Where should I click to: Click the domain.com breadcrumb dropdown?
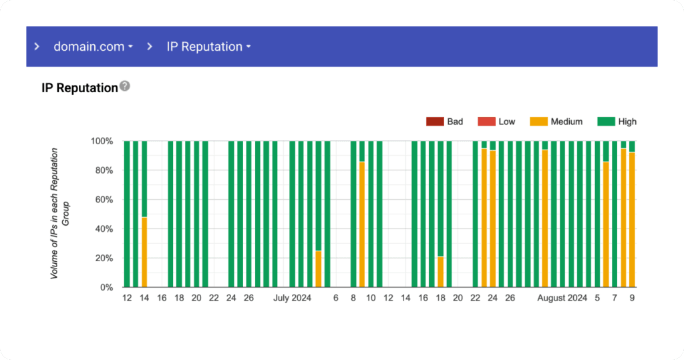coord(93,47)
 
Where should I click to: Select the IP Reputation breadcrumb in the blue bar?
coord(208,47)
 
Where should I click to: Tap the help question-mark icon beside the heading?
coord(125,86)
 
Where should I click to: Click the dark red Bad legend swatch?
coord(435,122)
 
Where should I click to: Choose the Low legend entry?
coord(497,122)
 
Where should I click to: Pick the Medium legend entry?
coord(557,122)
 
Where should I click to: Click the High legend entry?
coord(618,122)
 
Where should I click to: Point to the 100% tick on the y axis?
coord(103,142)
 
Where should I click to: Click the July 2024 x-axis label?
coord(292,299)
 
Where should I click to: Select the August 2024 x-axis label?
coord(562,299)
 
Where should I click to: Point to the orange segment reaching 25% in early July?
coord(319,269)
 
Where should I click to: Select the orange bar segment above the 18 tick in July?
coord(440,272)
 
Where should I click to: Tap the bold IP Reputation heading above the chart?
coord(79,87)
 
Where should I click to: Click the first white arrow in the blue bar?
coord(37,47)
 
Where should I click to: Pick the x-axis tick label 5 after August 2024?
coord(598,299)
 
